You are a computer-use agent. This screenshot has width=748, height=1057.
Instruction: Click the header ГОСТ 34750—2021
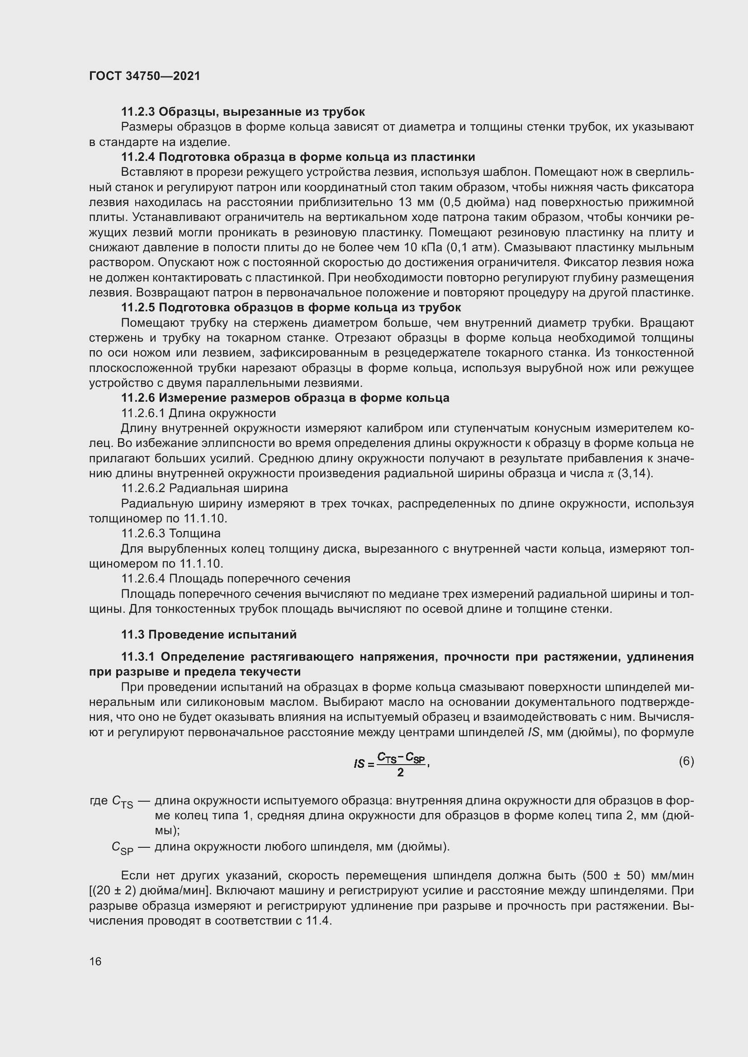pyautogui.click(x=145, y=76)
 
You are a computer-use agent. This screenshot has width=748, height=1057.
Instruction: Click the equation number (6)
pyautogui.click(x=686, y=761)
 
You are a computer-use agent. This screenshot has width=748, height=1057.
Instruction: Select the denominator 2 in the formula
pyautogui.click(x=400, y=773)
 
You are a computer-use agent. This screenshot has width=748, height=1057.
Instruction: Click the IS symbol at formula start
pyautogui.click(x=359, y=764)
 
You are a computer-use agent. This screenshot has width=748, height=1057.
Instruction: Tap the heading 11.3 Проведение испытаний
pyautogui.click(x=208, y=634)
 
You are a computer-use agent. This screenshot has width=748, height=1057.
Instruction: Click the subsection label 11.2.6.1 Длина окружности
pyautogui.click(x=199, y=413)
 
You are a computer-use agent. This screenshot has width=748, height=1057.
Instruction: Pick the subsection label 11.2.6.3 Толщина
pyautogui.click(x=171, y=533)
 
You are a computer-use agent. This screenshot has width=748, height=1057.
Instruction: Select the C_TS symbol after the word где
pyautogui.click(x=122, y=803)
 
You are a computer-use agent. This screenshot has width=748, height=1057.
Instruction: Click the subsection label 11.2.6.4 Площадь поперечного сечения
pyautogui.click(x=235, y=578)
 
